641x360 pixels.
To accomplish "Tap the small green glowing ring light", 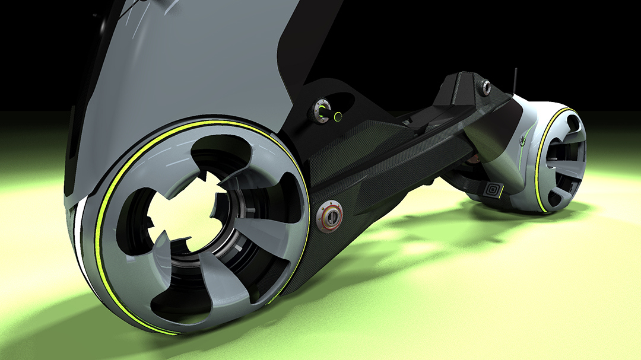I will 338,116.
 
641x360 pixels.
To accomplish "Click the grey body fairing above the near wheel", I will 196,65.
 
